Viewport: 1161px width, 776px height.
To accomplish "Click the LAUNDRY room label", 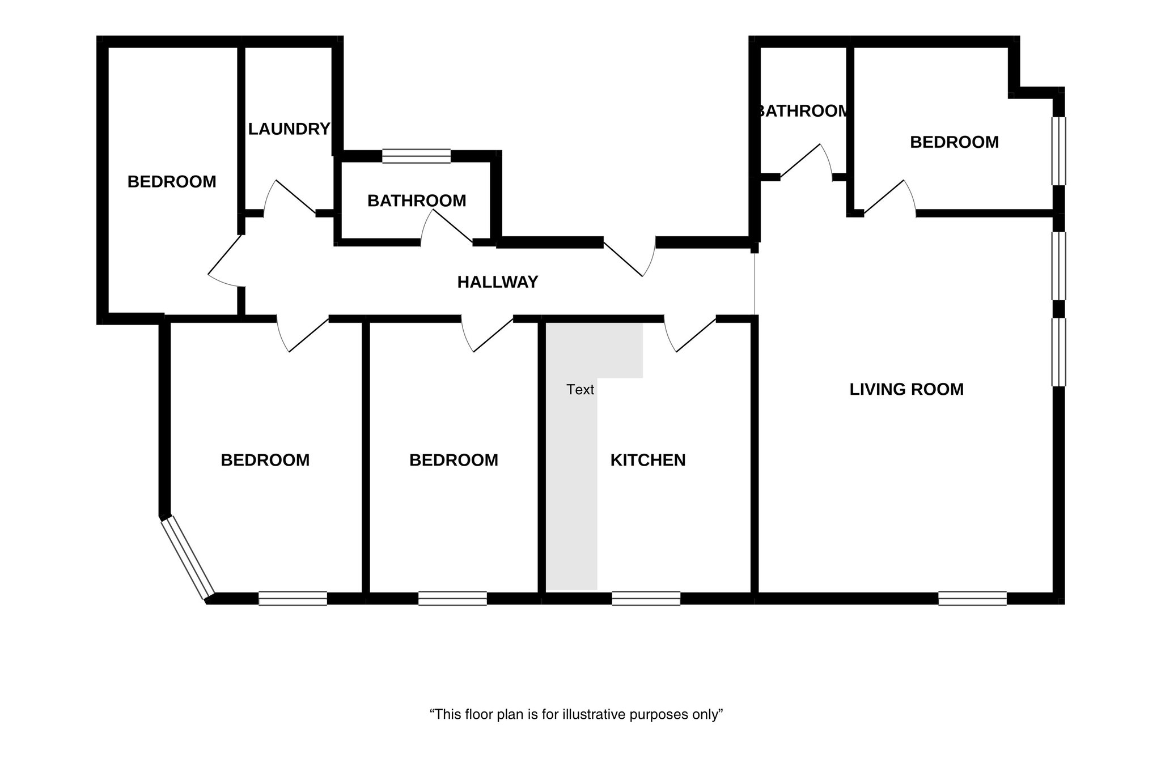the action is coord(289,129).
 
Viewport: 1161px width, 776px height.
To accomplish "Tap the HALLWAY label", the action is coord(497,282).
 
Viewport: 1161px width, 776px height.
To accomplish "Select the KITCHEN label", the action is coord(647,460).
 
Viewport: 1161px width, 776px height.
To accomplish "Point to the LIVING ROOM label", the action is coord(906,390).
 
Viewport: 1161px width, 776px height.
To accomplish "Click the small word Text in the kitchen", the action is coord(580,390).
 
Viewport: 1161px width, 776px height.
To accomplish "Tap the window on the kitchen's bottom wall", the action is coord(646,598).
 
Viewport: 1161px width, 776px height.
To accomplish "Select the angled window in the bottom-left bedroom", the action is coord(187,557).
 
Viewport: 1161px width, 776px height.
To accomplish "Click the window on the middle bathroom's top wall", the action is coord(416,156).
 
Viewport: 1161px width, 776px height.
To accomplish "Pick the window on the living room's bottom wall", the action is coord(972,598).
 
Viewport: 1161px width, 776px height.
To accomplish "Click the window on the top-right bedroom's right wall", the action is coord(1058,151).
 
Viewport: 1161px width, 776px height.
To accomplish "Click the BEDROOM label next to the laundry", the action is coord(172,182).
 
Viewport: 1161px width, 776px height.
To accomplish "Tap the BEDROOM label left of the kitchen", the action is coord(454,460).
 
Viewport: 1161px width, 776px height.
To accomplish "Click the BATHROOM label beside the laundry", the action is coord(417,201).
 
